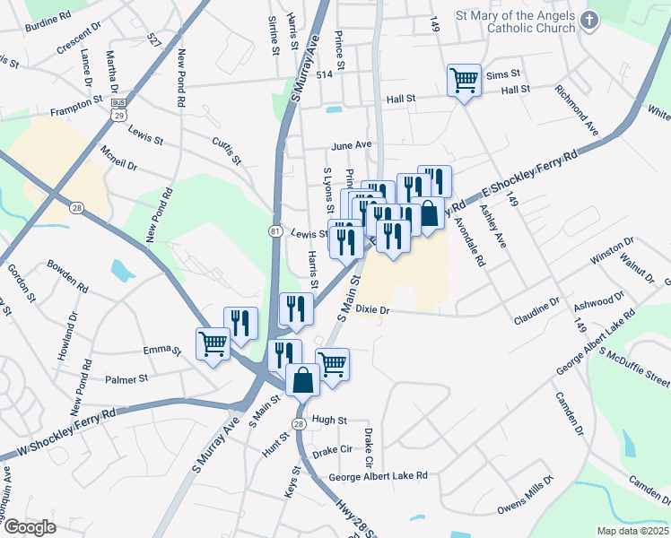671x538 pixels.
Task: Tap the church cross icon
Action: pos(589,19)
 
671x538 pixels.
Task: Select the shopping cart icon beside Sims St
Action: pos(464,81)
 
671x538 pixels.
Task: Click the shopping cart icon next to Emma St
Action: pos(213,343)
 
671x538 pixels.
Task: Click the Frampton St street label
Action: pos(77,106)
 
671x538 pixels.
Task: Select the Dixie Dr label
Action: pos(372,309)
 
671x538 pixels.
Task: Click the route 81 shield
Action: pos(273,231)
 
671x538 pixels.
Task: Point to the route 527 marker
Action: pos(153,41)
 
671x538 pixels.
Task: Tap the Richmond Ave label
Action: pos(576,109)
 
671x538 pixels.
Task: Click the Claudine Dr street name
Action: pos(536,309)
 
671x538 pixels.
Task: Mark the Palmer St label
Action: pos(126,379)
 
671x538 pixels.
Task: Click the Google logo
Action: pos(30,527)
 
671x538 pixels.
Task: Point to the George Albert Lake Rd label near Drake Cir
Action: pos(377,477)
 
